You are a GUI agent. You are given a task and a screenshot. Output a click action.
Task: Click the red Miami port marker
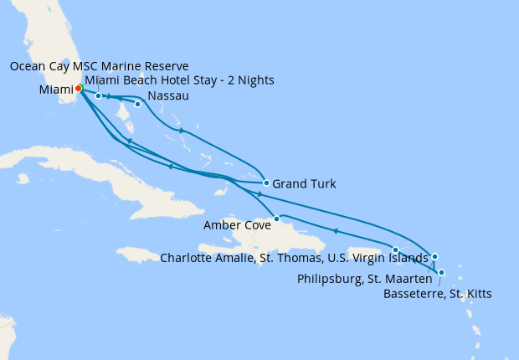(x=78, y=88)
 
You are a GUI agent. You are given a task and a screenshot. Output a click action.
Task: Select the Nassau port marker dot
(x=137, y=105)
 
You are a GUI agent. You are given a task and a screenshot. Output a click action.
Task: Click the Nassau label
(x=167, y=96)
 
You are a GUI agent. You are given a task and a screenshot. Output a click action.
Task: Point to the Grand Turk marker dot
(x=265, y=183)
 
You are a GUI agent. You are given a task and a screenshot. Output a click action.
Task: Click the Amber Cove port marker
(x=276, y=219)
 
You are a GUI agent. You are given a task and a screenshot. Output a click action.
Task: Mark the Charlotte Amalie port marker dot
(x=396, y=249)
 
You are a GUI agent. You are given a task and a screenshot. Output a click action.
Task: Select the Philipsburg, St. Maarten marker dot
(x=434, y=256)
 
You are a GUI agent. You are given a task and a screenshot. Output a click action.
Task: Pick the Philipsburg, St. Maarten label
(x=365, y=278)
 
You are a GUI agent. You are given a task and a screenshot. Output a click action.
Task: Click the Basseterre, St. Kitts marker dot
(x=441, y=273)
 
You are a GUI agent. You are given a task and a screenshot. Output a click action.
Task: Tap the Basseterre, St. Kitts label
(x=437, y=294)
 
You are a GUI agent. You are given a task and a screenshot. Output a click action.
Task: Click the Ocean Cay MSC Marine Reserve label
(x=99, y=66)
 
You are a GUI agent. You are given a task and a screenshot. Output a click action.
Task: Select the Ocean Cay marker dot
(x=99, y=95)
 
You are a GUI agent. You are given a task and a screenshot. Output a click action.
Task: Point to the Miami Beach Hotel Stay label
(x=179, y=80)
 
